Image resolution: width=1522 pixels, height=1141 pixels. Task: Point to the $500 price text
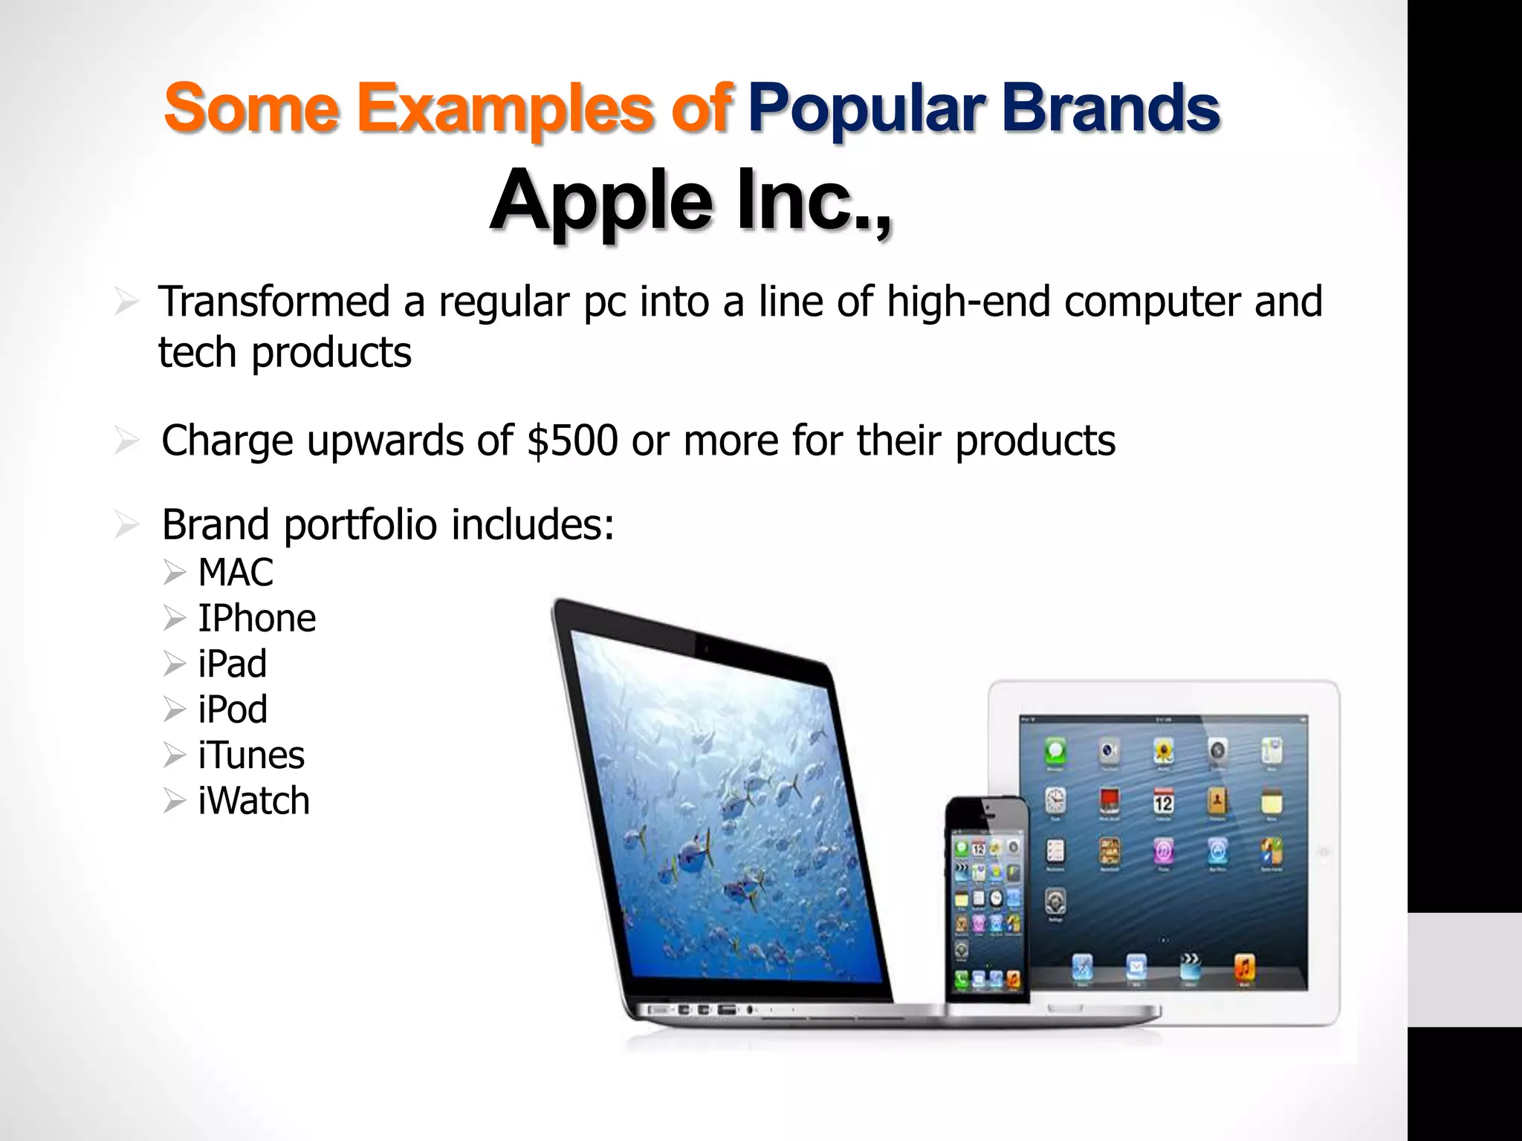(572, 441)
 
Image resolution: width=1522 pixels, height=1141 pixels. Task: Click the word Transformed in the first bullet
(274, 302)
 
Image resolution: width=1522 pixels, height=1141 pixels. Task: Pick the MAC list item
(236, 573)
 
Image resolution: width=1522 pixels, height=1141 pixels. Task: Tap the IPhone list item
(256, 618)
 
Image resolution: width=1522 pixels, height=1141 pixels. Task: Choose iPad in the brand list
(232, 663)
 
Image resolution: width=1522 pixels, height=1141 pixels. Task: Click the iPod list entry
(233, 709)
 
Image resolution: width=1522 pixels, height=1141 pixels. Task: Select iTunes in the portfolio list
(251, 755)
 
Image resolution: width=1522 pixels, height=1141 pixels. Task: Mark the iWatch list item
(253, 801)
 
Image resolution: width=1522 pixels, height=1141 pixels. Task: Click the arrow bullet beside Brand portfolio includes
(127, 526)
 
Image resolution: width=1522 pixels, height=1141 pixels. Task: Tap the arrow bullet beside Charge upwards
(127, 441)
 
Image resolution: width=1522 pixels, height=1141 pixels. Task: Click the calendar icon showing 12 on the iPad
(1163, 803)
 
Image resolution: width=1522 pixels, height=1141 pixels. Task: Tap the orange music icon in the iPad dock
(1244, 967)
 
